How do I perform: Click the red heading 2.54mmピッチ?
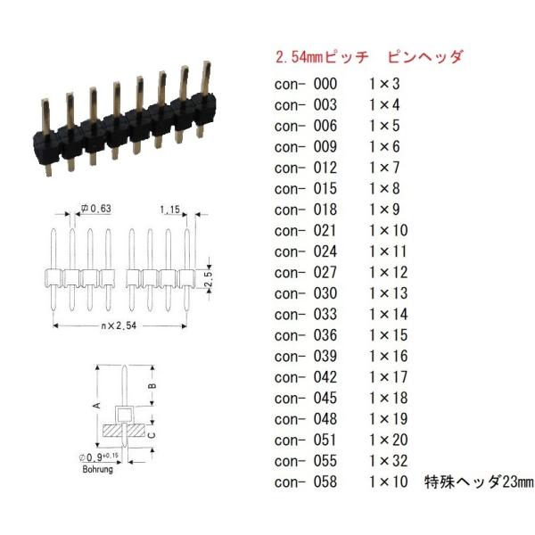coord(322,57)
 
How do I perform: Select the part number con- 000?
coord(306,84)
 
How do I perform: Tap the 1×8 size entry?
coord(384,189)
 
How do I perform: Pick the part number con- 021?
coord(306,231)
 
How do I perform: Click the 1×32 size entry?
coord(389,461)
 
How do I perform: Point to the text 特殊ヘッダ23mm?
coord(479,481)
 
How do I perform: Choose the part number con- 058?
coord(306,481)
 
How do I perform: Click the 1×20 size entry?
coord(389,440)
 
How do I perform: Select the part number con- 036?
coord(306,335)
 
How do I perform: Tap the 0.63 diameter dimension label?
coord(96,209)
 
